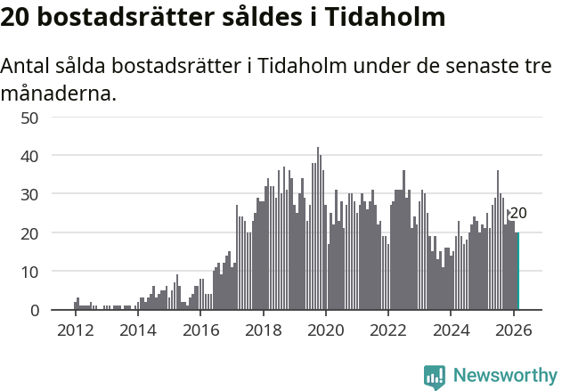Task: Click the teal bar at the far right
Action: (517, 271)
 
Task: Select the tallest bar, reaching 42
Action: (317, 229)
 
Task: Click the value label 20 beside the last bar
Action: (518, 214)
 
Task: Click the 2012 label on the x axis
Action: (75, 329)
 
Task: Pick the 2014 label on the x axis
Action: (137, 329)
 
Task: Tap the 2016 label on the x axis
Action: (200, 329)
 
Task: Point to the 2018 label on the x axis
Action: (263, 329)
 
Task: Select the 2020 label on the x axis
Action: (326, 329)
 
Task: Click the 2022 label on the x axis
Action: (388, 329)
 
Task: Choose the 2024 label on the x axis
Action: (452, 329)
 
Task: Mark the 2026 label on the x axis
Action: (514, 329)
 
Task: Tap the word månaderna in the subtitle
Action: (58, 93)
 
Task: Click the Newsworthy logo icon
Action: (435, 376)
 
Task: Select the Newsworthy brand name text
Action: (504, 376)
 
